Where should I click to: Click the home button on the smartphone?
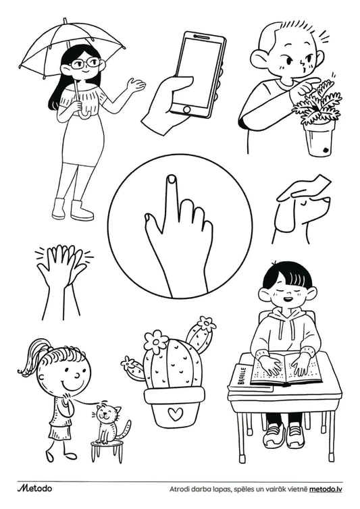187,109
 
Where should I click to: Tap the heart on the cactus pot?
175,414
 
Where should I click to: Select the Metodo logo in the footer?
34,488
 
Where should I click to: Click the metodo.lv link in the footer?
326,489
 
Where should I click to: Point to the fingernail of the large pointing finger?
172,178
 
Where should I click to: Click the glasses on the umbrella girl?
86,63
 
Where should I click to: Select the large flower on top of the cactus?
155,342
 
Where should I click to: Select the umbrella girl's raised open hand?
136,85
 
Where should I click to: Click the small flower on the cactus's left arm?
129,363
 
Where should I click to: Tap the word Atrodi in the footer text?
178,489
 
